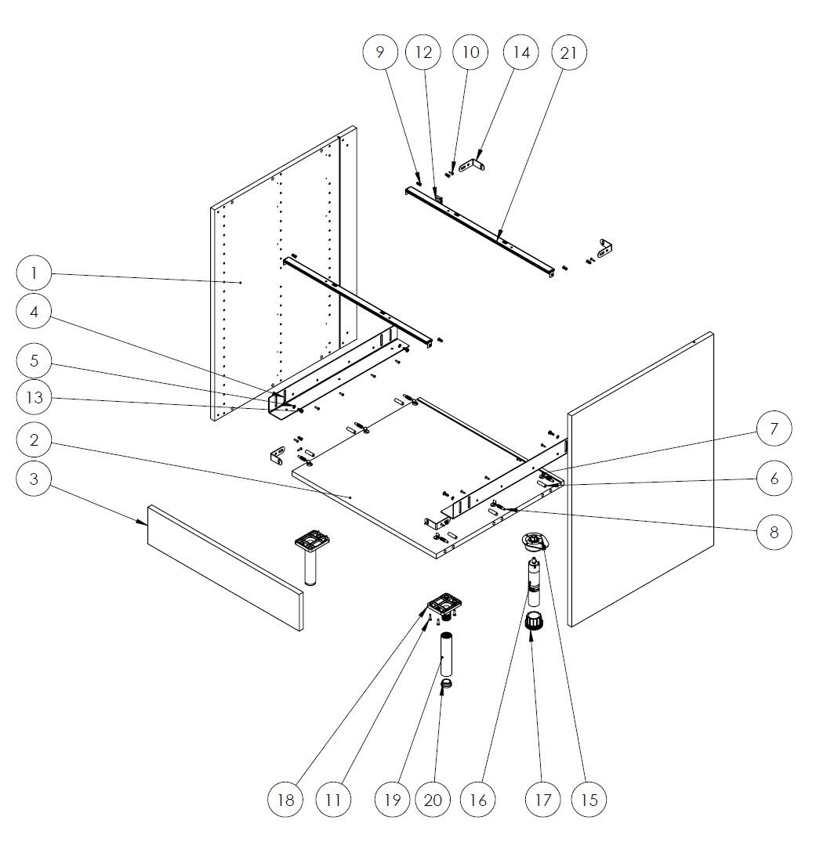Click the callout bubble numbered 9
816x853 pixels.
[380, 52]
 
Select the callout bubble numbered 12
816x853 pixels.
[423, 52]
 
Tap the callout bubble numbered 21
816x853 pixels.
[569, 52]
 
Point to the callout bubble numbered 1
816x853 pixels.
[34, 273]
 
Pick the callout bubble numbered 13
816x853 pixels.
[34, 397]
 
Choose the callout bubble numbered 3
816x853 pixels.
[34, 479]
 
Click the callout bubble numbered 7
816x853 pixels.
[774, 428]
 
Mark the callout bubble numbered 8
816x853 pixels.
[774, 532]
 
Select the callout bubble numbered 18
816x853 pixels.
[286, 800]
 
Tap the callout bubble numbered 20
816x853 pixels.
[433, 800]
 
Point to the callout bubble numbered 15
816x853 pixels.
[589, 800]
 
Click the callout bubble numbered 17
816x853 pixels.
[542, 800]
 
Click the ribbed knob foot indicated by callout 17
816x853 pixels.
[534, 620]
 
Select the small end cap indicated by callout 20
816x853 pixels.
[447, 683]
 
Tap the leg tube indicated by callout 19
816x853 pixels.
[446, 654]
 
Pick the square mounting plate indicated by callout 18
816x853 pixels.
[444, 604]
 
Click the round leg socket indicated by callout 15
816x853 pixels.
[535, 540]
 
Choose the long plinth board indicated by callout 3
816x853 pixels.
[225, 567]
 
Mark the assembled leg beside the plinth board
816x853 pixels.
[312, 558]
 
